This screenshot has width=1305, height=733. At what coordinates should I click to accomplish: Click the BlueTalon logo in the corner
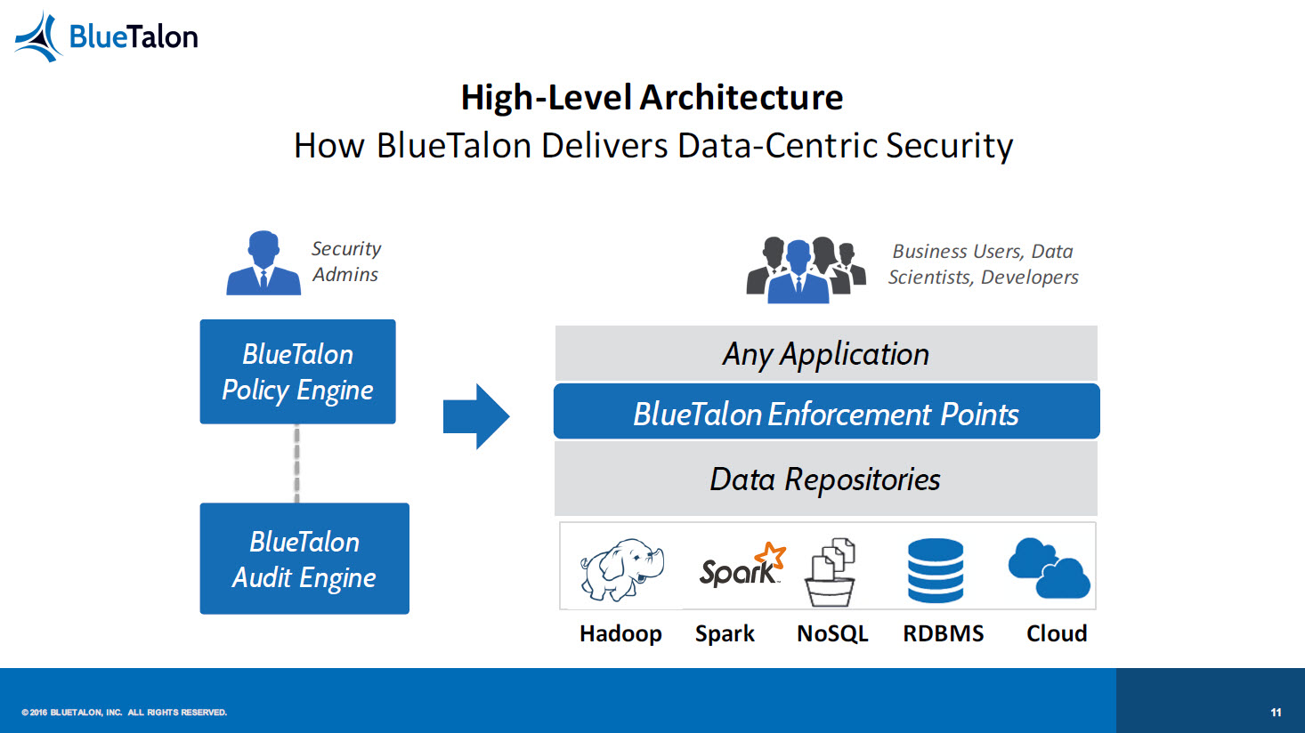(x=106, y=36)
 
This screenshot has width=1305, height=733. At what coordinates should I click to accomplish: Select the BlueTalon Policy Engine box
(x=297, y=372)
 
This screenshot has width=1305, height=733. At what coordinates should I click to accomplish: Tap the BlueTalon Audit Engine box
(x=304, y=559)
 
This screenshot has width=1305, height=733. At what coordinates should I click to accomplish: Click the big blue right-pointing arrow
(x=476, y=416)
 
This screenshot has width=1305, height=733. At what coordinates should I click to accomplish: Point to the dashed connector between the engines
(x=296, y=463)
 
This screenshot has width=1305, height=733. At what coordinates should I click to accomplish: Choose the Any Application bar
(x=826, y=353)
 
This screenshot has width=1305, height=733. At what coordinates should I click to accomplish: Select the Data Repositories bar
(x=826, y=479)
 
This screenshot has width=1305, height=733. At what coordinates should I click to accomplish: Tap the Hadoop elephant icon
(x=621, y=568)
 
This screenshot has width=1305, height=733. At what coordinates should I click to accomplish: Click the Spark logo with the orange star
(x=742, y=565)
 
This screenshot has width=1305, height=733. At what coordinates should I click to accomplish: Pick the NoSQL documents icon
(x=831, y=572)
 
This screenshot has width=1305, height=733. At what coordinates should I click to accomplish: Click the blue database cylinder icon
(x=936, y=570)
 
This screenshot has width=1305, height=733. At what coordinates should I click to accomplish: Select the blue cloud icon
(x=1050, y=568)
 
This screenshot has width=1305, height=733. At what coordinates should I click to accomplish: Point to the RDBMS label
(x=944, y=633)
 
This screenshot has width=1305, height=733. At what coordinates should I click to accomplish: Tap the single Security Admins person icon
(x=263, y=263)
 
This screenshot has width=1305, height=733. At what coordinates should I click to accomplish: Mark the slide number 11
(x=1276, y=712)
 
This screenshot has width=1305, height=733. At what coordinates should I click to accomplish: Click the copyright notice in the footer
(x=124, y=712)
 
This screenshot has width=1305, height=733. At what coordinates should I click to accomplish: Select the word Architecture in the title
(x=741, y=97)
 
